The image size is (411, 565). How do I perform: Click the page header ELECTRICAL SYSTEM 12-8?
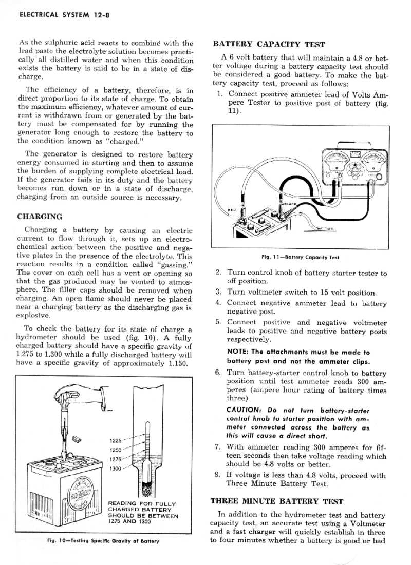pos(64,15)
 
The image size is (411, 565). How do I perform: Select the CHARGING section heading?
pos(40,217)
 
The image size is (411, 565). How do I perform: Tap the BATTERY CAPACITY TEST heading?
pos(269,44)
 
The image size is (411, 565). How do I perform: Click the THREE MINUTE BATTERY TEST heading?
pos(277,501)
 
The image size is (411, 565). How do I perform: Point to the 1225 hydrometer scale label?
pos(116,440)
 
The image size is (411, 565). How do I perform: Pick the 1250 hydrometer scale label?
pos(116,450)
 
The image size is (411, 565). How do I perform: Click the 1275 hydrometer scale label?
pos(116,459)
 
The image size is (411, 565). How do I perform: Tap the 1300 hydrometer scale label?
pos(116,469)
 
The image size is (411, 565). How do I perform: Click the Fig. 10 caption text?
pos(103,541)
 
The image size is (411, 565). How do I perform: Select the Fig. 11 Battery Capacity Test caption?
pos(300,257)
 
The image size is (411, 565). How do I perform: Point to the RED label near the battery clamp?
pos(231,209)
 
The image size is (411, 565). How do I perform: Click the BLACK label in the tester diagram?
pos(290,204)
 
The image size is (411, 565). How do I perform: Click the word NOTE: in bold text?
pos(238,352)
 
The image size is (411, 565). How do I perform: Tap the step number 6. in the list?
pos(218,373)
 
